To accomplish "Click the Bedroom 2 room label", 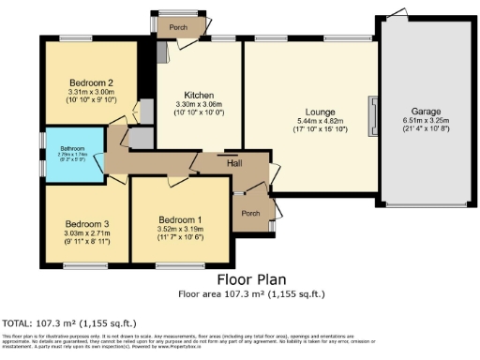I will tap(91, 82).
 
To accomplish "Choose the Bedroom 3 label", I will tap(87, 223).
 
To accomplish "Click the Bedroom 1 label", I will tap(181, 218).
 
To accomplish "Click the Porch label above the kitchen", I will tap(178, 27).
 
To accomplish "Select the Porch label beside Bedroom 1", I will tap(250, 213).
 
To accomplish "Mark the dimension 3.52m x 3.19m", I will tap(181, 228).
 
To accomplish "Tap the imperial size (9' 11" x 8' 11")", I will tap(87, 241).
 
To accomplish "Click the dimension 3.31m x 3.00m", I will tap(91, 92).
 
